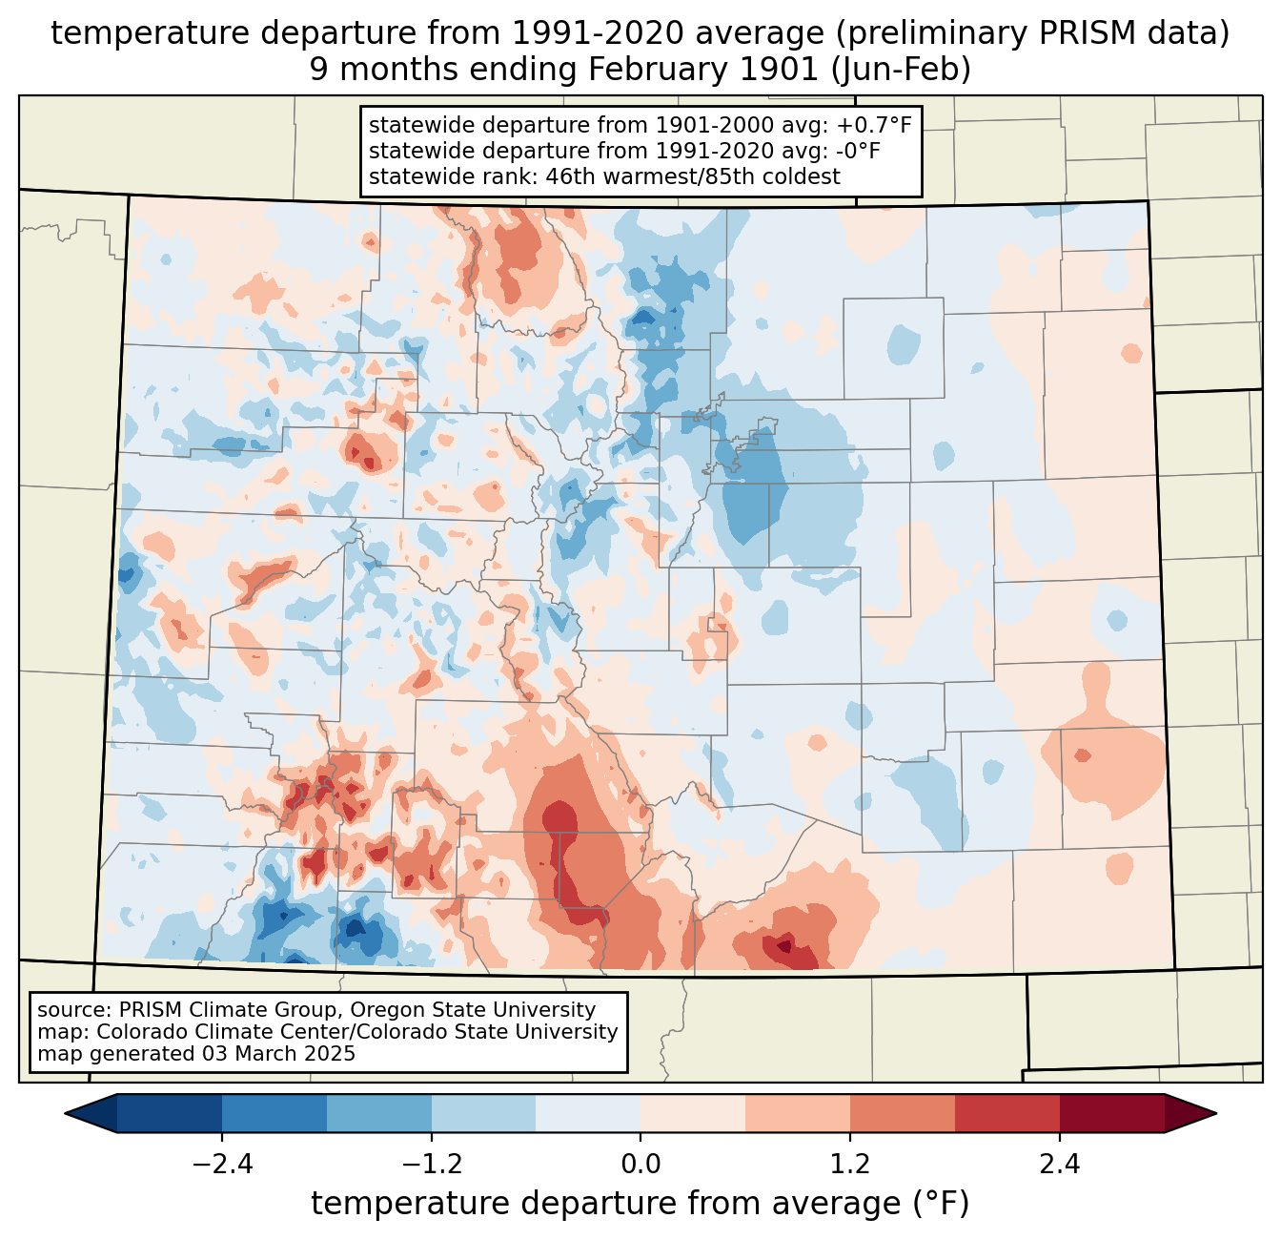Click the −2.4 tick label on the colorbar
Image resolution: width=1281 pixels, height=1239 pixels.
[x=221, y=1165]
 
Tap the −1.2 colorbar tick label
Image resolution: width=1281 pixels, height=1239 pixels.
[x=431, y=1165]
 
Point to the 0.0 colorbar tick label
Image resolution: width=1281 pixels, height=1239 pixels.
[x=640, y=1165]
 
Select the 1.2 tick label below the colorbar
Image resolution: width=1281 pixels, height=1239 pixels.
[x=850, y=1165]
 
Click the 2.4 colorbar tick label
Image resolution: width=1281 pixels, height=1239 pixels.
[x=1060, y=1165]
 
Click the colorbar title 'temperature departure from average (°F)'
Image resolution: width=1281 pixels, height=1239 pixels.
[x=640, y=1204]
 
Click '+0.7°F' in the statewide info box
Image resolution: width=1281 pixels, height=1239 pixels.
[x=874, y=125]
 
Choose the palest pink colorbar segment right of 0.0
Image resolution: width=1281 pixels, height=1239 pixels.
[x=693, y=1113]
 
